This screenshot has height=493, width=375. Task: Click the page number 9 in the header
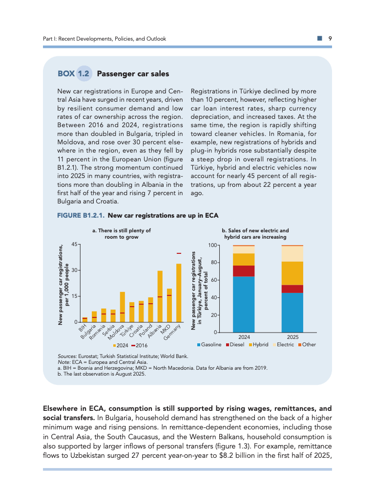tap(330, 39)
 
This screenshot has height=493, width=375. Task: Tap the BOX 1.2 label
tap(74, 74)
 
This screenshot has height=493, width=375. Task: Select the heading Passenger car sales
tap(133, 74)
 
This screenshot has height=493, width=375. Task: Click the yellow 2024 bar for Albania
tap(160, 296)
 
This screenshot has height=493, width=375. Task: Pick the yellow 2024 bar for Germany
tap(179, 293)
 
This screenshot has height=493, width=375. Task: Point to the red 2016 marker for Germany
tap(179, 253)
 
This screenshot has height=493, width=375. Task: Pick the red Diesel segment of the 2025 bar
tap(292, 289)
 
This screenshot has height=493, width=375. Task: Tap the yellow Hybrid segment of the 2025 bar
tap(292, 273)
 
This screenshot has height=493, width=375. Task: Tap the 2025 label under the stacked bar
tap(292, 337)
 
